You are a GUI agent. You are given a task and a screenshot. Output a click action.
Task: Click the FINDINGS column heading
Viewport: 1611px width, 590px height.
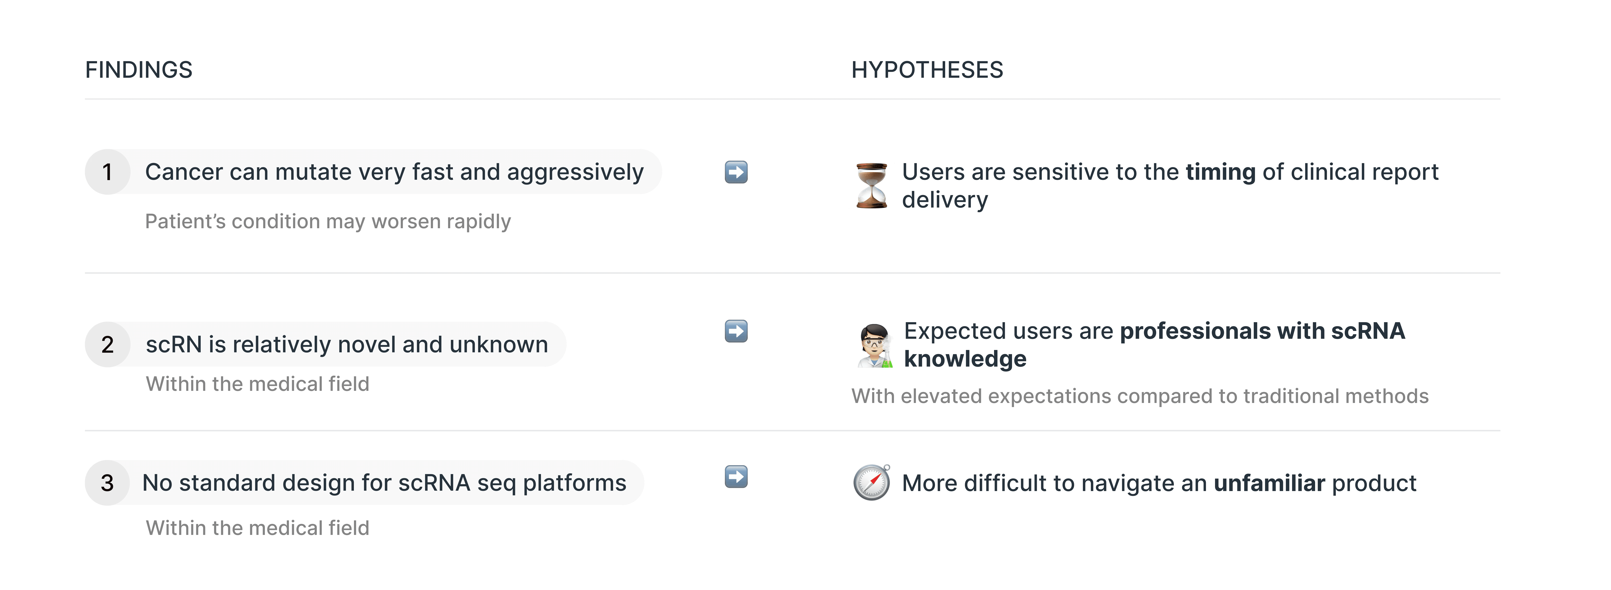(139, 70)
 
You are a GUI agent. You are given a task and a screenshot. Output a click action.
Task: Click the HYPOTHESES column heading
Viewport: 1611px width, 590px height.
(927, 70)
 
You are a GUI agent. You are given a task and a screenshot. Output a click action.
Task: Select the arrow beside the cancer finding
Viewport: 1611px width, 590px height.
(736, 172)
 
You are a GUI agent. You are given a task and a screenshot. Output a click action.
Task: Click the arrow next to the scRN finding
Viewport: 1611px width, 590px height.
(736, 331)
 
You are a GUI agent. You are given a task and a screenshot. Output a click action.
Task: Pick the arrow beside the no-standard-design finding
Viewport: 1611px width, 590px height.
(736, 477)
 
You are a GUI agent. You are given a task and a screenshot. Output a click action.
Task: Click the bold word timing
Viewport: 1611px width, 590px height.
(1220, 172)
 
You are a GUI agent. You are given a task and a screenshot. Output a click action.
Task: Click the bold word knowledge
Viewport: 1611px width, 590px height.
(965, 359)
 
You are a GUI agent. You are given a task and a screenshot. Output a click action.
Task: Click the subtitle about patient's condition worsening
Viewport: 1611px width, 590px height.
(328, 221)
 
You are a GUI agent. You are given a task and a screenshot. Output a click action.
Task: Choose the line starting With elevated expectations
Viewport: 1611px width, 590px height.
(1139, 396)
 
